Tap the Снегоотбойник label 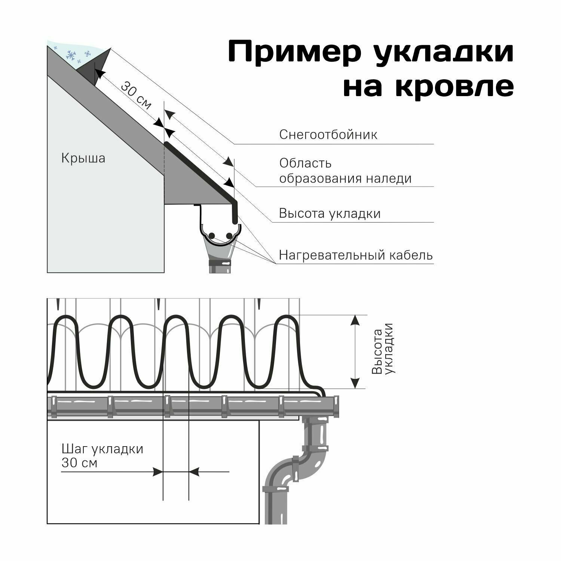[328, 135]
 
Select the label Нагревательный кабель [356, 255]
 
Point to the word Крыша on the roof [83, 158]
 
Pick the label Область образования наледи [345, 171]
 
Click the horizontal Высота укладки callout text [329, 214]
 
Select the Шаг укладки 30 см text [102, 456]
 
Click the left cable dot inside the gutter [212, 236]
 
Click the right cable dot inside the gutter [229, 236]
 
